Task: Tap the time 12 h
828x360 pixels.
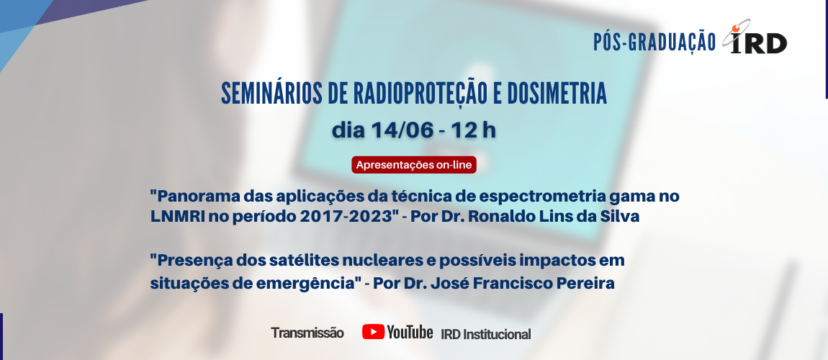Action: click(474, 131)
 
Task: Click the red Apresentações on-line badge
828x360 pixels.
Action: click(414, 165)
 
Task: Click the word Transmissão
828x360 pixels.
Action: click(307, 333)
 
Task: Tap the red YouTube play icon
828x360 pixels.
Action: click(373, 332)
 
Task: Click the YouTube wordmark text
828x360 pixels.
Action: click(410, 332)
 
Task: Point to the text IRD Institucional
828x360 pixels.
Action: click(486, 334)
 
